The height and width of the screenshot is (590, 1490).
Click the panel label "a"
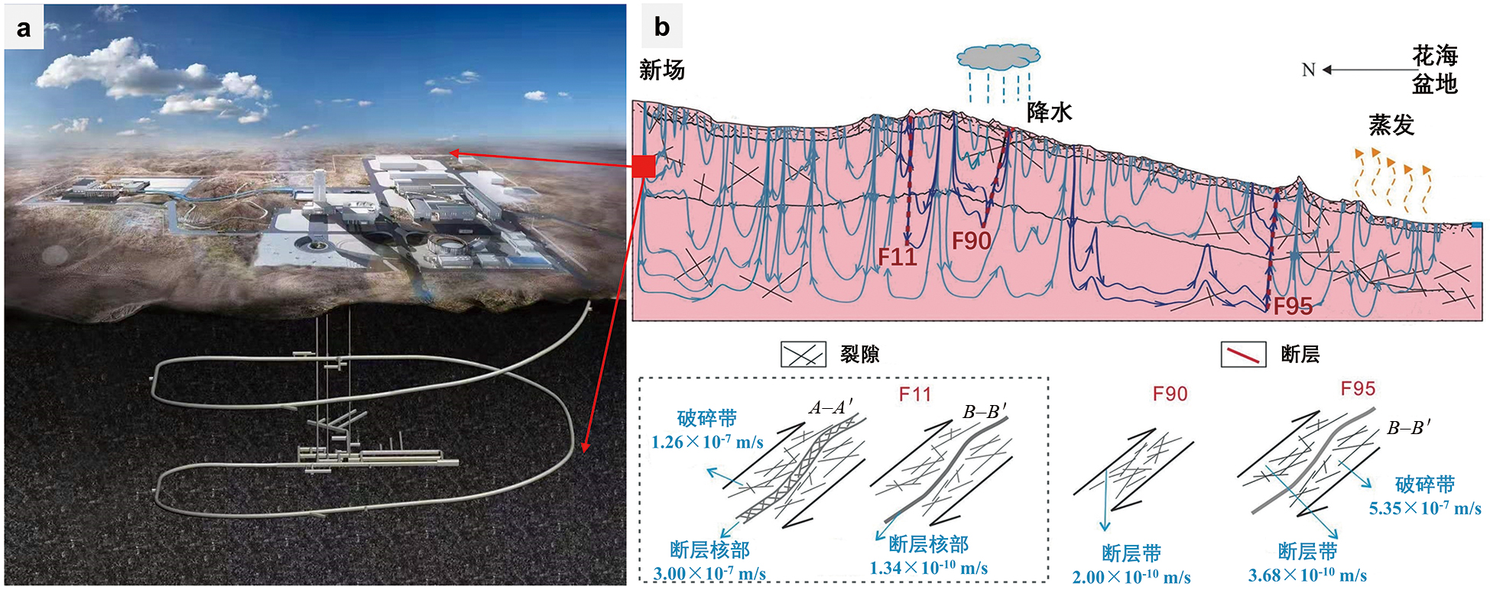pyautogui.click(x=24, y=28)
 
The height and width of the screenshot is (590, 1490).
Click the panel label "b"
pyautogui.click(x=661, y=28)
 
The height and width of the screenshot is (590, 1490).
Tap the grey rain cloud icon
pyautogui.click(x=998, y=57)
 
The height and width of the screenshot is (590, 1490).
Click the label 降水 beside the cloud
pyautogui.click(x=1049, y=112)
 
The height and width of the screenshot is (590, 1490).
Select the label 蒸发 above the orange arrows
pyautogui.click(x=1391, y=125)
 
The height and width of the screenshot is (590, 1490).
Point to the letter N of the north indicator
pyautogui.click(x=1308, y=70)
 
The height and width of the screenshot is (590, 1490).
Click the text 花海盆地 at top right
pyautogui.click(x=1434, y=70)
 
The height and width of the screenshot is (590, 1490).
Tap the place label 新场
pyautogui.click(x=661, y=70)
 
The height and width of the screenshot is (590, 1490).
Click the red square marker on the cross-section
pyautogui.click(x=644, y=166)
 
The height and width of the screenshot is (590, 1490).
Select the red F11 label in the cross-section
pyautogui.click(x=897, y=257)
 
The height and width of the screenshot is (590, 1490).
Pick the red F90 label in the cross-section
pyautogui.click(x=971, y=242)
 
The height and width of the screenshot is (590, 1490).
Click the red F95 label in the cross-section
pyautogui.click(x=1293, y=306)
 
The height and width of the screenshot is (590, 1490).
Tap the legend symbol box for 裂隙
pyautogui.click(x=803, y=355)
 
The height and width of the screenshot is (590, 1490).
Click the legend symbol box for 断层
pyautogui.click(x=1243, y=355)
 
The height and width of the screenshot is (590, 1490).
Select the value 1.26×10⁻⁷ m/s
pyautogui.click(x=707, y=443)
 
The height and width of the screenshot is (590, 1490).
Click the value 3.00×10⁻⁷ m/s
pyautogui.click(x=709, y=573)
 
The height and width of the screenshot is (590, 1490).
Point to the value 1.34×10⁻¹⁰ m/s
pyautogui.click(x=928, y=568)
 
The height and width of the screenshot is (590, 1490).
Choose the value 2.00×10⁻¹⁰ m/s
pyautogui.click(x=1131, y=577)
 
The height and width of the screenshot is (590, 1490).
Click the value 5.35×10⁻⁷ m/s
pyautogui.click(x=1425, y=508)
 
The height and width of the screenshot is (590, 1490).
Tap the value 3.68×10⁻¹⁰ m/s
pyautogui.click(x=1307, y=575)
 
